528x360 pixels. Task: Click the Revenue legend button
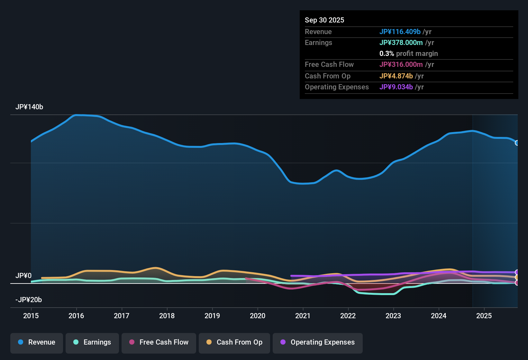[37, 342]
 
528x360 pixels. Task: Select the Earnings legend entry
[92, 342]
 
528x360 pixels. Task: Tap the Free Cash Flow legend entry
[159, 342]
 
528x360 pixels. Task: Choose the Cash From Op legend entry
[234, 342]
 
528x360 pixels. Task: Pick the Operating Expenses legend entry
[318, 342]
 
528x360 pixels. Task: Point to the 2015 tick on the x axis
[31, 316]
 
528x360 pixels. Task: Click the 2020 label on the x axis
[258, 316]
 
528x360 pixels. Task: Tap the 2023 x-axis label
[393, 316]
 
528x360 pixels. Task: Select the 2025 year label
[484, 316]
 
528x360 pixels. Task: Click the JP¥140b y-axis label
[29, 107]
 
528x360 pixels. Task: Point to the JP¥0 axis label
[23, 276]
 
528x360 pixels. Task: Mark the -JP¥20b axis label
[29, 300]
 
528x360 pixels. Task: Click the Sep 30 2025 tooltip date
[324, 20]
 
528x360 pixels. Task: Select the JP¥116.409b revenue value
[400, 32]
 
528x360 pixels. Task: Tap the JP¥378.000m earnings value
[401, 43]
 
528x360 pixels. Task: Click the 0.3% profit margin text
[408, 54]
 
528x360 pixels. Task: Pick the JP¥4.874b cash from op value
[396, 76]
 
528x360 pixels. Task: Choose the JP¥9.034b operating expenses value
[396, 87]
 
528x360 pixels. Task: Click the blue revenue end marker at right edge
[517, 143]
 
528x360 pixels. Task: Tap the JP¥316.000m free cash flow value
[401, 65]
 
